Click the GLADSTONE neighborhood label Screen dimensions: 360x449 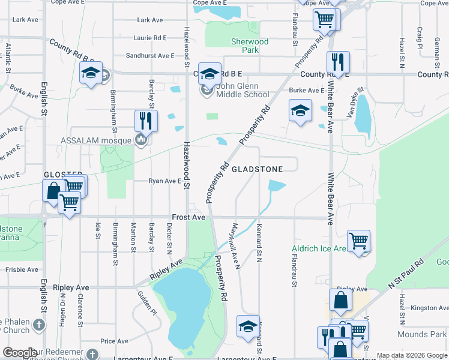coord(257,170)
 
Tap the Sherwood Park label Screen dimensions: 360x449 coord(250,46)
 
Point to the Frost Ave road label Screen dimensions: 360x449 coord(189,217)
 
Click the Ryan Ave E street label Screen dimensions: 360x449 coord(165,181)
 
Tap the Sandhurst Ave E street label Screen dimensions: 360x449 coord(150,55)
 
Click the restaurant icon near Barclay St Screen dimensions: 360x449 coord(146,121)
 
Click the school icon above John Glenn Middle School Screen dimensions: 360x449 coord(209,74)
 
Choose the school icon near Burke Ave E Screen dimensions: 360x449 coord(300,110)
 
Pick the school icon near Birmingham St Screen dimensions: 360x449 coord(91,73)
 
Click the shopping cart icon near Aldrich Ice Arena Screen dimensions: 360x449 coord(358,241)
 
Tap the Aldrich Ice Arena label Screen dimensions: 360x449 coord(318,248)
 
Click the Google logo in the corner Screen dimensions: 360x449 coord(20,353)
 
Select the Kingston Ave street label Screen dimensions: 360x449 coord(429,308)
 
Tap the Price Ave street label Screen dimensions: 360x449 coord(115,341)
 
